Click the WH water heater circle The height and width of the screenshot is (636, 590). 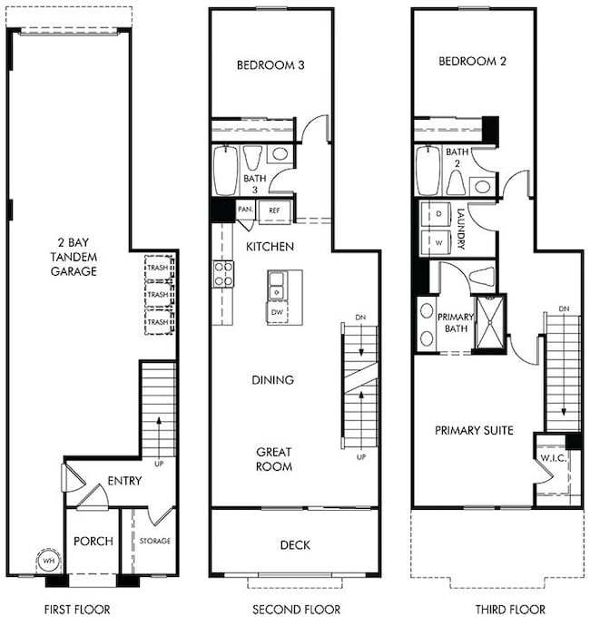tap(49, 561)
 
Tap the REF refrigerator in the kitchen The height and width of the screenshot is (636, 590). tap(275, 210)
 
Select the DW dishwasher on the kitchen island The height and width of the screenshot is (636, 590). tap(277, 312)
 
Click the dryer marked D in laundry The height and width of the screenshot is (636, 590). tap(436, 214)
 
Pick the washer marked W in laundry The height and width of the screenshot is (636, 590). tap(436, 242)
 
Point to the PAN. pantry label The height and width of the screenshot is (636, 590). tap(245, 210)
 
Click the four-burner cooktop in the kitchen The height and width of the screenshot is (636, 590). tap(223, 274)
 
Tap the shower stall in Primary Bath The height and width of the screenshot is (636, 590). tap(490, 322)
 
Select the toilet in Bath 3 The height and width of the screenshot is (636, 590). tap(252, 158)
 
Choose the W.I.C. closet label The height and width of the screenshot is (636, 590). tap(554, 458)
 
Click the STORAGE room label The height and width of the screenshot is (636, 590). tap(155, 541)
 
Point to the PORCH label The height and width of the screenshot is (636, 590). tap(93, 541)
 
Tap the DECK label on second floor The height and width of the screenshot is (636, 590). tap(295, 545)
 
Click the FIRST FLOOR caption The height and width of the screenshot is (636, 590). tap(77, 609)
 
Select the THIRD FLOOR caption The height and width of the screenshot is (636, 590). tap(510, 609)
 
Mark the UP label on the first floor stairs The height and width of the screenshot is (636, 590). tap(159, 464)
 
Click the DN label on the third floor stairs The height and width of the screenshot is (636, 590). tap(564, 309)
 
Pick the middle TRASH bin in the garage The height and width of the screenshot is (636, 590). tap(159, 295)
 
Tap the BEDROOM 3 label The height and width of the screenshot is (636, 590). tap(270, 65)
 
